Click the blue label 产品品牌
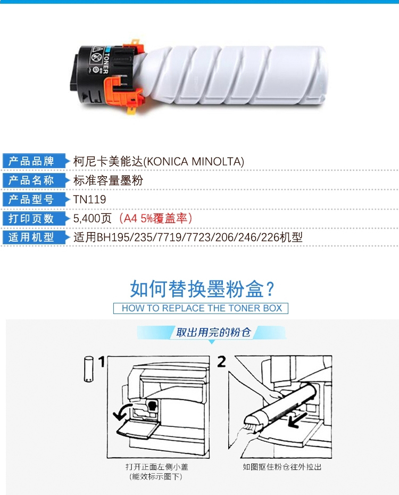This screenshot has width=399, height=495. (31, 161)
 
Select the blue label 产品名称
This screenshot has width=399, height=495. (31, 180)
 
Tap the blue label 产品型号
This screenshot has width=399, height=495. (31, 199)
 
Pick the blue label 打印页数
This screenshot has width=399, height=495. (31, 218)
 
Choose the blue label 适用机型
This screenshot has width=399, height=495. (31, 237)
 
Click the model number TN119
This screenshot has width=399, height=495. (89, 200)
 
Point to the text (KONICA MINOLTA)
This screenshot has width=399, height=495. (194, 162)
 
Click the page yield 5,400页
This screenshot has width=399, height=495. (93, 218)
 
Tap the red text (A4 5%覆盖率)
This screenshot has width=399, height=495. (155, 218)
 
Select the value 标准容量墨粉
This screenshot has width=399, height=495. (108, 180)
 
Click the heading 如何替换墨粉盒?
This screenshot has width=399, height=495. (202, 289)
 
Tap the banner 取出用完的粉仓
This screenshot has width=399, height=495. (213, 332)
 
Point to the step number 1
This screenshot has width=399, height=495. (101, 362)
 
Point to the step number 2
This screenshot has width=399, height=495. (221, 362)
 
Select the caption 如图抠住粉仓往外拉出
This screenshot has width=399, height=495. (282, 467)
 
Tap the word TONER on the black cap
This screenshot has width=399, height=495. (106, 63)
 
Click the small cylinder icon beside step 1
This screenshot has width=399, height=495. (89, 369)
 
